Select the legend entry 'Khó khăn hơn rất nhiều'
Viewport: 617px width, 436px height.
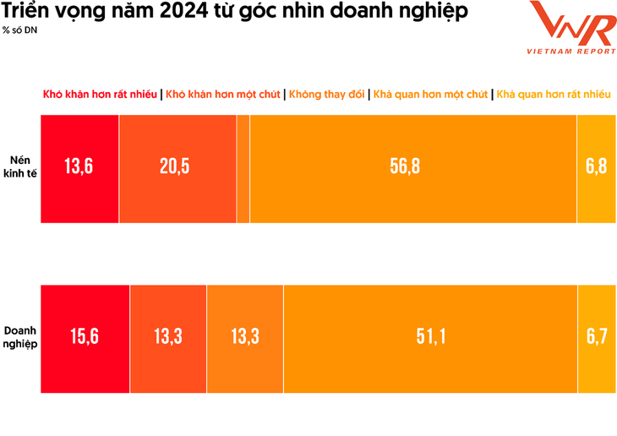pyautogui.click(x=100, y=95)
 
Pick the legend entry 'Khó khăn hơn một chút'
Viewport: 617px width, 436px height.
pyautogui.click(x=223, y=95)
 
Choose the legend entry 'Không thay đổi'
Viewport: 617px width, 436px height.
pyautogui.click(x=328, y=95)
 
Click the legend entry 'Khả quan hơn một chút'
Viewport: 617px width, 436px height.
pyautogui.click(x=430, y=95)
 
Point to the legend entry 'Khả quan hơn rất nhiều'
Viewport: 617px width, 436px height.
pyautogui.click(x=554, y=95)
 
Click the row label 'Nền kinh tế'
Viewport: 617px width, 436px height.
pyautogui.click(x=20, y=167)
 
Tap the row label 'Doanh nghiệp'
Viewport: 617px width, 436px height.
pyautogui.click(x=20, y=337)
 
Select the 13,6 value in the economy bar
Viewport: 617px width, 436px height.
pyautogui.click(x=79, y=167)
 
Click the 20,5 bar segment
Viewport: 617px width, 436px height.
pyautogui.click(x=176, y=167)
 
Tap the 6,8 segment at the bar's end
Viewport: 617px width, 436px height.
pyautogui.click(x=597, y=167)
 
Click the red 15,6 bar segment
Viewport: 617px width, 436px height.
pyautogui.click(x=85, y=337)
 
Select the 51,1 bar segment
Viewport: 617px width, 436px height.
pyautogui.click(x=430, y=337)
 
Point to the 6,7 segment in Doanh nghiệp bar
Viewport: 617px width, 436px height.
pyautogui.click(x=597, y=337)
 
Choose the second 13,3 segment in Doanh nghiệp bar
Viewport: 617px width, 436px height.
pyautogui.click(x=245, y=337)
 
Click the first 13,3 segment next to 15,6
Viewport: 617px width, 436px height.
pyautogui.click(x=168, y=337)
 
